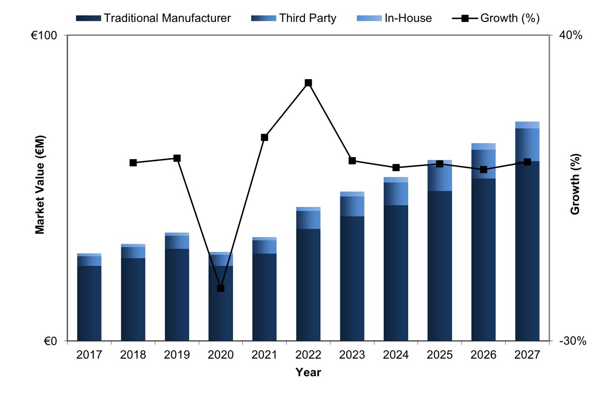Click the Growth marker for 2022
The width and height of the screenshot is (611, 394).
[308, 83]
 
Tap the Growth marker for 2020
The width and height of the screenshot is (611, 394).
[221, 288]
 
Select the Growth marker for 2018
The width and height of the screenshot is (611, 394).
[133, 162]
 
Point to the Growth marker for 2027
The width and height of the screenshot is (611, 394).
[527, 162]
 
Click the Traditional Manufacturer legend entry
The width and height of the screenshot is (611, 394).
[153, 18]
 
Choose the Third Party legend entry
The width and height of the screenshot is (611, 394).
[294, 18]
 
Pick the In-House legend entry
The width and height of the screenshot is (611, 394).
[394, 18]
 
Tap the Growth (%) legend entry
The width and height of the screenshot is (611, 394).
[496, 18]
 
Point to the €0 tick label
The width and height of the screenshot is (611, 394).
[50, 341]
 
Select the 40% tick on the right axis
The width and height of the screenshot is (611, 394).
[571, 35]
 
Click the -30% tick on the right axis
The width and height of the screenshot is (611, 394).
[572, 341]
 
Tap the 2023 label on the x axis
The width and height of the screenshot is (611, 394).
[352, 355]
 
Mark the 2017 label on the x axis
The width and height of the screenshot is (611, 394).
[89, 355]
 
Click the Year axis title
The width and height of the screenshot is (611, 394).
[308, 373]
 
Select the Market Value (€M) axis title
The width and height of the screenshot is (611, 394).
[40, 184]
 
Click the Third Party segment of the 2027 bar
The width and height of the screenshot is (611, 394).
[527, 144]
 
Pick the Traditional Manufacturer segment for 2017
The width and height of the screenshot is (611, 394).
[89, 303]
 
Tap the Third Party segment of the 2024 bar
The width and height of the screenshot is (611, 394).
[396, 193]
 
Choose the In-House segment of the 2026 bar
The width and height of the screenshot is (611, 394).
[484, 146]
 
